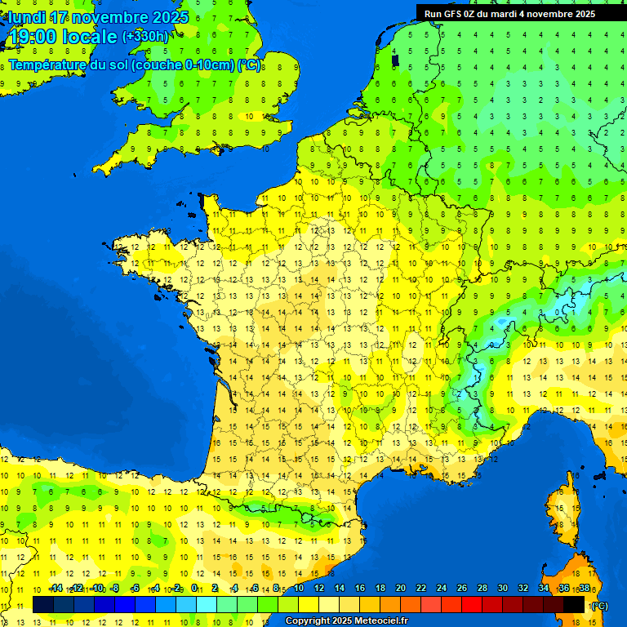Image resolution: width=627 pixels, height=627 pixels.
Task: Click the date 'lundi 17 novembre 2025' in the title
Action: pos(98,17)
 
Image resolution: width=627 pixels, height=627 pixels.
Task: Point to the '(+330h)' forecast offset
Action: pos(145,36)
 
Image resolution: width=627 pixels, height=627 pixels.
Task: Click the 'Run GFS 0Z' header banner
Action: pos(509,13)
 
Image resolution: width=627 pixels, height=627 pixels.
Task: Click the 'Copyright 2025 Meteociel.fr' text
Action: pos(346,620)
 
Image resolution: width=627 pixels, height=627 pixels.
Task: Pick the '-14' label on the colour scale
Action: pos(56,588)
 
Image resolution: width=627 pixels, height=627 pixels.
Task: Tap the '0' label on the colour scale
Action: pos(194,588)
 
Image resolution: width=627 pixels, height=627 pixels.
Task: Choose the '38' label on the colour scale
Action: pos(584,588)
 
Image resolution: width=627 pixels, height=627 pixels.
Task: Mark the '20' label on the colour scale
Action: pos(401,588)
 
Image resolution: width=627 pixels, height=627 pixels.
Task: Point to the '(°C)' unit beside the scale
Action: pos(599,605)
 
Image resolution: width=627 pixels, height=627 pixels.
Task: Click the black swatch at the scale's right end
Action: pos(574,604)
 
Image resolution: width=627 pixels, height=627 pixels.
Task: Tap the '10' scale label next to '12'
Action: pos(298,588)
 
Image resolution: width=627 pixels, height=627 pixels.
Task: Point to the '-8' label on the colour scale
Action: pos(115,588)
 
